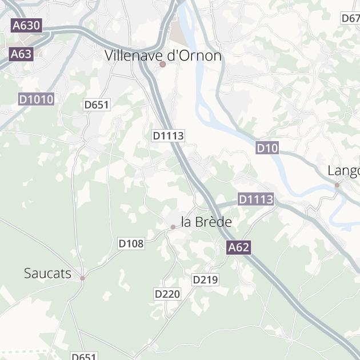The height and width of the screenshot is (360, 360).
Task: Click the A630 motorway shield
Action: click(26, 25)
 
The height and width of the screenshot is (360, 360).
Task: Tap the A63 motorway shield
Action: click(22, 54)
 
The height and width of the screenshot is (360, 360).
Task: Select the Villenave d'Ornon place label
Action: click(163, 55)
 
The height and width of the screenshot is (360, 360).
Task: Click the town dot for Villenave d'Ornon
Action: click(163, 65)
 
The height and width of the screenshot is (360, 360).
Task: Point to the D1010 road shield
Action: click(36, 99)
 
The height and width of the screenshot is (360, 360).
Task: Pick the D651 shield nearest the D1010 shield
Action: click(97, 105)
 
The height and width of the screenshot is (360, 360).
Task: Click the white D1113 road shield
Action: click(169, 135)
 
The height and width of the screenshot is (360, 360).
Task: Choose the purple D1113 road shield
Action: click(255, 199)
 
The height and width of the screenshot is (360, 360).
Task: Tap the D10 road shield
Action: click(267, 149)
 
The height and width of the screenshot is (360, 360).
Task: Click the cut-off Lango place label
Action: click(344, 171)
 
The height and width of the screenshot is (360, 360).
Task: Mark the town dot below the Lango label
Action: click(337, 185)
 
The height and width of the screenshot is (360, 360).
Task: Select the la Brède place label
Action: click(206, 222)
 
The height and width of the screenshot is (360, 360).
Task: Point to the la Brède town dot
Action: click(173, 227)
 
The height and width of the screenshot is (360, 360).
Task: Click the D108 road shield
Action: click(131, 243)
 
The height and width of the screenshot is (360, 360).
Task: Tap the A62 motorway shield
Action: click(238, 247)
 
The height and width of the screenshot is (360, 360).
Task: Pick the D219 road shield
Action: click(205, 279)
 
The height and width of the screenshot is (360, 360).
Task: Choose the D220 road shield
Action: click(167, 294)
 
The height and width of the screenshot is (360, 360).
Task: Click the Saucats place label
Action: click(48, 273)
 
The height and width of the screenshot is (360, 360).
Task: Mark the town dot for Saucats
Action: click(82, 278)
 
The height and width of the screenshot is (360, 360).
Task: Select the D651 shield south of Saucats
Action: click(83, 357)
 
